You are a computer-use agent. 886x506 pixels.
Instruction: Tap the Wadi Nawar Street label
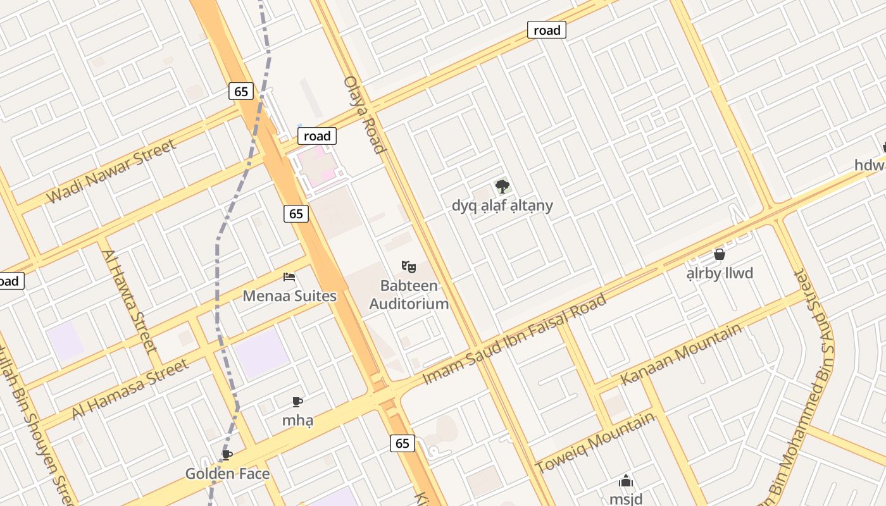coord(111,171)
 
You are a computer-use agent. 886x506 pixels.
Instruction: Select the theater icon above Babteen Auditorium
coord(408,267)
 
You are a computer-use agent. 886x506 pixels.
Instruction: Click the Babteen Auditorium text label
coord(409,295)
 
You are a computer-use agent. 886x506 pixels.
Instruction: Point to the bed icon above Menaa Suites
coord(289,277)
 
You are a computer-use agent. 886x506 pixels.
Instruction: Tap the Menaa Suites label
coord(289,296)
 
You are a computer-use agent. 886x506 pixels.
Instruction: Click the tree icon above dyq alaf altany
coord(502,186)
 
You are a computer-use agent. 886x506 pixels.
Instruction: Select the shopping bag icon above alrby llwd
coord(719,254)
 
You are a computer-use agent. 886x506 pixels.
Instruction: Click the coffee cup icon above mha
coord(297,402)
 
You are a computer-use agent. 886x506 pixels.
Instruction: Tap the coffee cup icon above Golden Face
coord(227,455)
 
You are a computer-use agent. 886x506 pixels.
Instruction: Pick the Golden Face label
coord(227,474)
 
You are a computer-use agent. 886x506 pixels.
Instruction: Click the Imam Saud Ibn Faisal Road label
coord(514,340)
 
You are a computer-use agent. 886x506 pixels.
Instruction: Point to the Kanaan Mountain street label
coord(681,354)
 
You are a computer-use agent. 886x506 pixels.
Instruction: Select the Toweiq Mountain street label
coord(595,442)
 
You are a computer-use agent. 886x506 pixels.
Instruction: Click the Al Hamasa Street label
coord(130,389)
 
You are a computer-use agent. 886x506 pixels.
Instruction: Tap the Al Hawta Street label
coord(129,301)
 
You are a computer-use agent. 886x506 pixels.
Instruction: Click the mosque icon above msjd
coord(626,481)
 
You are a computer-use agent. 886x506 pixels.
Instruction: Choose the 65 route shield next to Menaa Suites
coord(296,214)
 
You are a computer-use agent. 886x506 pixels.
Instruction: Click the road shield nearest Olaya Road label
coord(317,136)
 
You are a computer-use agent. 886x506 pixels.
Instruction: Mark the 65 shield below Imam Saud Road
coord(402,443)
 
